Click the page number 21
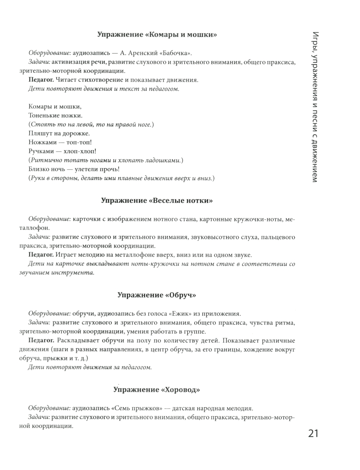click(x=313, y=433)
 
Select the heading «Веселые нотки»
click(x=157, y=201)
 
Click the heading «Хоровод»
click(x=157, y=390)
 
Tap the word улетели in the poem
click(x=81, y=169)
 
